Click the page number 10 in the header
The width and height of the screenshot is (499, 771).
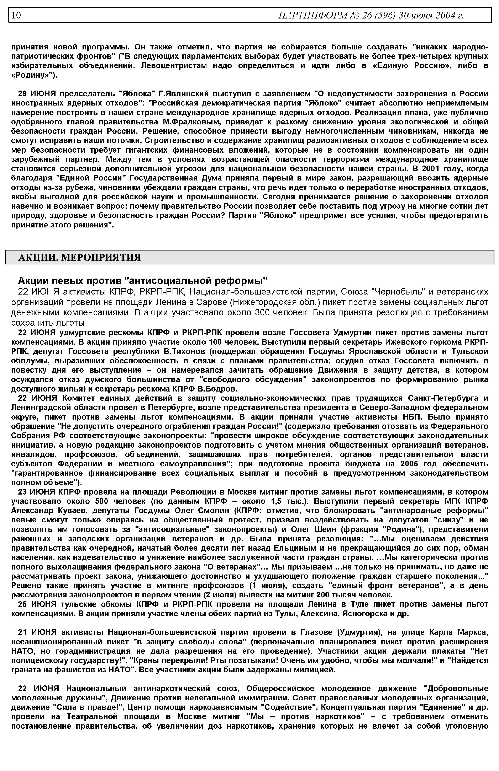coord(16,15)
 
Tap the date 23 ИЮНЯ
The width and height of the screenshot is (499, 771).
coord(37,492)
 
